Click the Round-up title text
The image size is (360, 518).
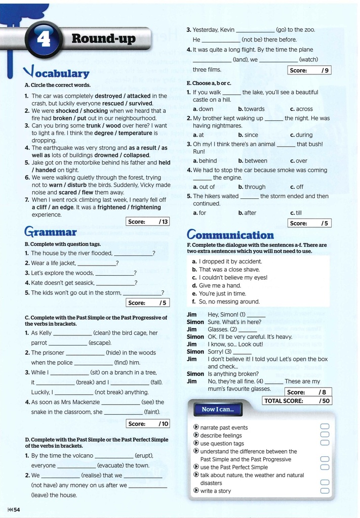[103, 38]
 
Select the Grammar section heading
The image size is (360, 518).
[50, 233]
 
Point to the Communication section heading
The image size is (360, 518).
[230, 235]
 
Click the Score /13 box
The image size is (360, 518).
[147, 222]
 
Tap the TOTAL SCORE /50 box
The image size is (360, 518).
[296, 401]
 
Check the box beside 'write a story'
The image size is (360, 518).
[325, 491]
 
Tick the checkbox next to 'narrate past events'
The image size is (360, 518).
[325, 427]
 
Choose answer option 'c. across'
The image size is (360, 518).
[301, 109]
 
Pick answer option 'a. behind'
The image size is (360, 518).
[205, 161]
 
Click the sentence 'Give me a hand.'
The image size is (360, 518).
[220, 285]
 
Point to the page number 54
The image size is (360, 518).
[14, 509]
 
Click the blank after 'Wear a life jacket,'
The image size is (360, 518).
[96, 264]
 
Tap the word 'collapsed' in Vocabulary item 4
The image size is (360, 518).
[137, 155]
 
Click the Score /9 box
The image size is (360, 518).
[309, 70]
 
